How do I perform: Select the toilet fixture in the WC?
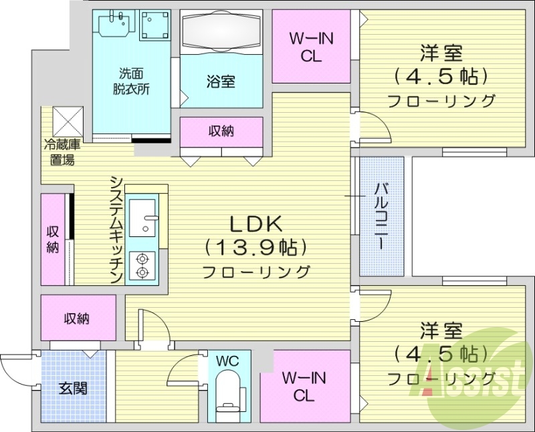[x=228, y=393]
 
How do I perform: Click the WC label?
[x=228, y=361]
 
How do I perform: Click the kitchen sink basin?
[x=142, y=218]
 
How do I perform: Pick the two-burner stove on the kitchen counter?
[x=142, y=265]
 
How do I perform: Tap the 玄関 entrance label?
[x=72, y=387]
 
